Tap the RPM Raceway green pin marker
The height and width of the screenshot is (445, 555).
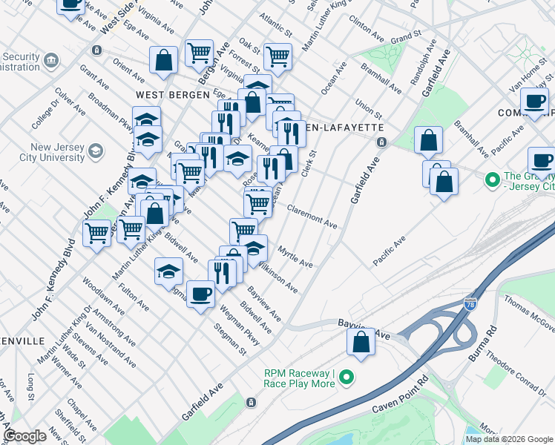tap(346, 379)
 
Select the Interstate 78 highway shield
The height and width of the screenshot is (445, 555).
tap(470, 304)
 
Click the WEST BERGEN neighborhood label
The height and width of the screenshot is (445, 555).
tap(165, 95)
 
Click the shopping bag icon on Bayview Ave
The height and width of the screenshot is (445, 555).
tap(361, 343)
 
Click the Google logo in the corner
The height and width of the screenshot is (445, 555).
tap(24, 436)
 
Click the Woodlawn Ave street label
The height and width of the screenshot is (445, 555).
tap(103, 297)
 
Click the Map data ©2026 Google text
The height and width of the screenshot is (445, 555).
tap(508, 439)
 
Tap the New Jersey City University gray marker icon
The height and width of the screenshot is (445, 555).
tap(95, 152)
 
